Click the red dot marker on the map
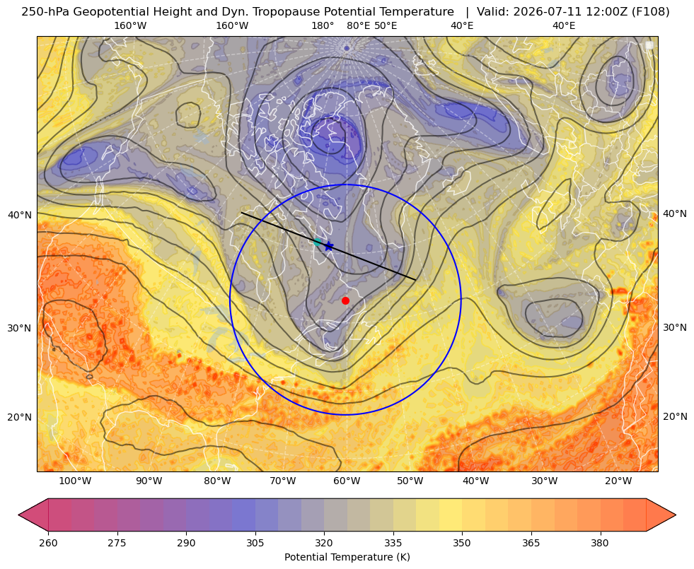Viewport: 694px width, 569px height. pos(345,300)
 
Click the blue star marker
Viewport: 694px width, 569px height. pos(328,246)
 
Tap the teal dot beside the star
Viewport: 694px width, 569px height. pos(318,242)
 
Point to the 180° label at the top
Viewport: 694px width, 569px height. pos(323,25)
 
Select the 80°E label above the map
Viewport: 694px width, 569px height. pos(358,25)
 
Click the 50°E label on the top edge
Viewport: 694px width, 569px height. pos(386,25)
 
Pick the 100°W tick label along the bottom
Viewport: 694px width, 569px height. pos(75,481)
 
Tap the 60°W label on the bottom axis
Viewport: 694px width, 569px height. pos(347,481)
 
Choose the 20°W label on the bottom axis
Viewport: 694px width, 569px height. pos(618,481)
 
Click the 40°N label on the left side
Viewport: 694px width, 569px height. pos(20,215)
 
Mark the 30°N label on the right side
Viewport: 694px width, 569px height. pos(674,327)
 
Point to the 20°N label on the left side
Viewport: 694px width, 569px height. pos(20,417)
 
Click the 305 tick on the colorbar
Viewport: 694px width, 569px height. pos(255,543)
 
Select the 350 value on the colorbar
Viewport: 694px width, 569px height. pos(462,543)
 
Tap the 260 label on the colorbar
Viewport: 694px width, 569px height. pos(48,543)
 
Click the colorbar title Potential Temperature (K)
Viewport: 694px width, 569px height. pos(347,557)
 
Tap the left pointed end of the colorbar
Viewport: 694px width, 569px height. pos(19,515)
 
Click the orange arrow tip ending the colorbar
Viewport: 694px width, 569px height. pos(675,515)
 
